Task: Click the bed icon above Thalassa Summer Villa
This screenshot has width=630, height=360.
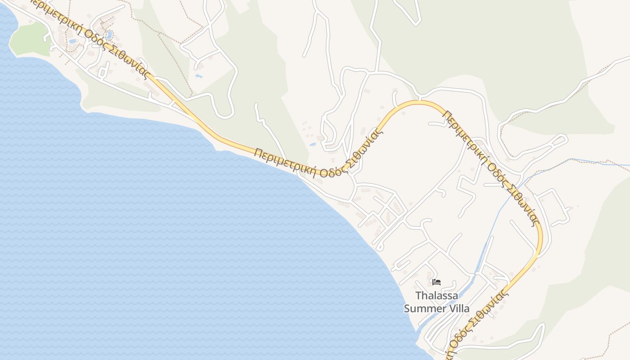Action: (x=436, y=283)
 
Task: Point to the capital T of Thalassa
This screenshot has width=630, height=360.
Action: (x=418, y=296)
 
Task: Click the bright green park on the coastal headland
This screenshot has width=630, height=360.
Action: (x=29, y=40)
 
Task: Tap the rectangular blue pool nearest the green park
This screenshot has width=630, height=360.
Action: (x=72, y=41)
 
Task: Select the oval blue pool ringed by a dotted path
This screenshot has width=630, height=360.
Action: (x=109, y=35)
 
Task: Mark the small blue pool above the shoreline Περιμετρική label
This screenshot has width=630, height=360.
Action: (x=313, y=144)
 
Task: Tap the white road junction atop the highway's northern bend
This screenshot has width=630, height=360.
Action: (x=419, y=98)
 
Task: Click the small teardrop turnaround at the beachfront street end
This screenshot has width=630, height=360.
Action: (x=379, y=247)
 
